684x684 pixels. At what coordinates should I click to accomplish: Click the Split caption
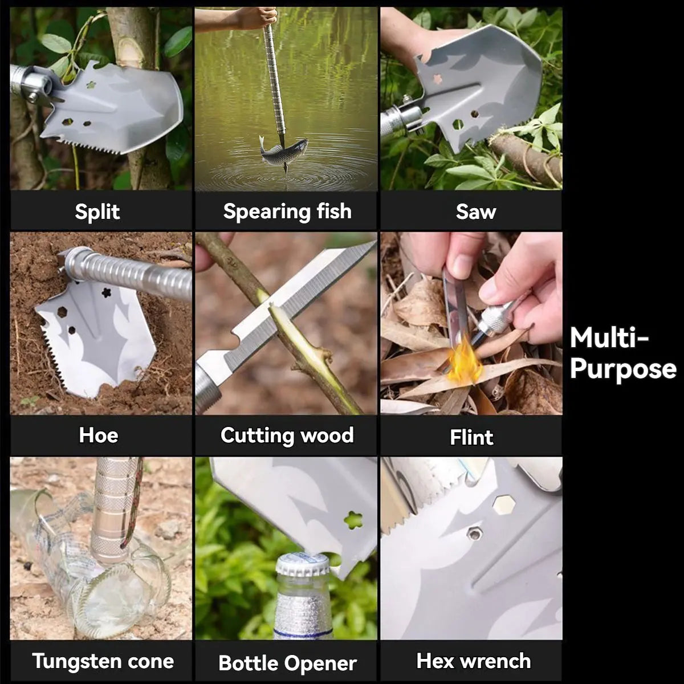[x=97, y=211]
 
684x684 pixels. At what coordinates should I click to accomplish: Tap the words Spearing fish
[x=287, y=211]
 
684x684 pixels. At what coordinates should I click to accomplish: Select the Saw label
[x=475, y=211]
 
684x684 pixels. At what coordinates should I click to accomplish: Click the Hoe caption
[x=99, y=435]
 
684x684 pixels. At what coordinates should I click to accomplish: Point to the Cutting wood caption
[x=287, y=435]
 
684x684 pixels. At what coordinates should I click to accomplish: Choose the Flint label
[x=471, y=437]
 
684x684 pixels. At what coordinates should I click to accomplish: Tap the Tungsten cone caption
[x=103, y=661]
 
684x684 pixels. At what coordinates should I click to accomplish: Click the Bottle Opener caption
[x=287, y=663]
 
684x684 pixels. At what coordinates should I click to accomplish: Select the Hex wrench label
[x=473, y=661]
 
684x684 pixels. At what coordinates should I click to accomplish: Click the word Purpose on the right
[x=622, y=369]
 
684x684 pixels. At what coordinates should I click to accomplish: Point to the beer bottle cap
[x=302, y=564]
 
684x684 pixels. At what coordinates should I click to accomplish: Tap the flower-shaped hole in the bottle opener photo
[x=353, y=520]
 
